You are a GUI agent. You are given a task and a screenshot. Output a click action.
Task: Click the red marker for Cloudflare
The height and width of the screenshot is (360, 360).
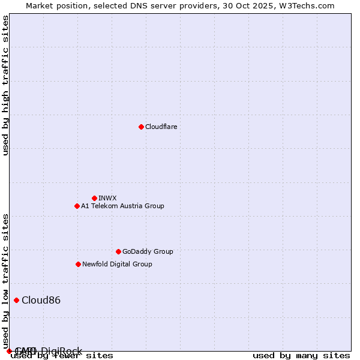141,127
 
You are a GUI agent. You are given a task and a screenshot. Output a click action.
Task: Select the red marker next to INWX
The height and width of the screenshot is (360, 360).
94,198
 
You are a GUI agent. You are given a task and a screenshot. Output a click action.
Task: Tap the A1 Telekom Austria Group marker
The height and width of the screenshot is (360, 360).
77,206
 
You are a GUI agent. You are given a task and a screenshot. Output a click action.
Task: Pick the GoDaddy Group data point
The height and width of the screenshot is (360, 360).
118,251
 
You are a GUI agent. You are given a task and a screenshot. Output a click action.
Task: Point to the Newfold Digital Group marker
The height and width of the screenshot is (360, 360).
78,264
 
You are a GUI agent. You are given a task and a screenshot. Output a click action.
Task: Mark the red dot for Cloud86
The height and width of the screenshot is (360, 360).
16,300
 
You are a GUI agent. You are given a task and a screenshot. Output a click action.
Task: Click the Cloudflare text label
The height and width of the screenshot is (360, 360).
161,127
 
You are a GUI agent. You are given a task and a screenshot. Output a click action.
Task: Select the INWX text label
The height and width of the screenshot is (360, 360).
107,198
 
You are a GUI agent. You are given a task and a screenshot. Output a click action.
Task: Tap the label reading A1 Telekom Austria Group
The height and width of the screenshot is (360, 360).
122,206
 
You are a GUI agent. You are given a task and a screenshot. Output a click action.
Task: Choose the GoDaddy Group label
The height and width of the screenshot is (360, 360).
148,251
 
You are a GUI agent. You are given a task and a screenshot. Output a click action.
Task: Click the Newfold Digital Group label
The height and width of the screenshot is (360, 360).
117,264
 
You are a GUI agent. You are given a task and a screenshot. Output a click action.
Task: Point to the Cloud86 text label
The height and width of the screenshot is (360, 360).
41,300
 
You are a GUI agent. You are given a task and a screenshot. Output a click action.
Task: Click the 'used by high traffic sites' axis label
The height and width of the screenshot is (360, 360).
5,85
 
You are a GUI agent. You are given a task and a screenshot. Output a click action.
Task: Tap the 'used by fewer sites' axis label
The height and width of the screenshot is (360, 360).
62,355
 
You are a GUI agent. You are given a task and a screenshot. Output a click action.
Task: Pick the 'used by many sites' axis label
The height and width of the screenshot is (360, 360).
301,355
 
